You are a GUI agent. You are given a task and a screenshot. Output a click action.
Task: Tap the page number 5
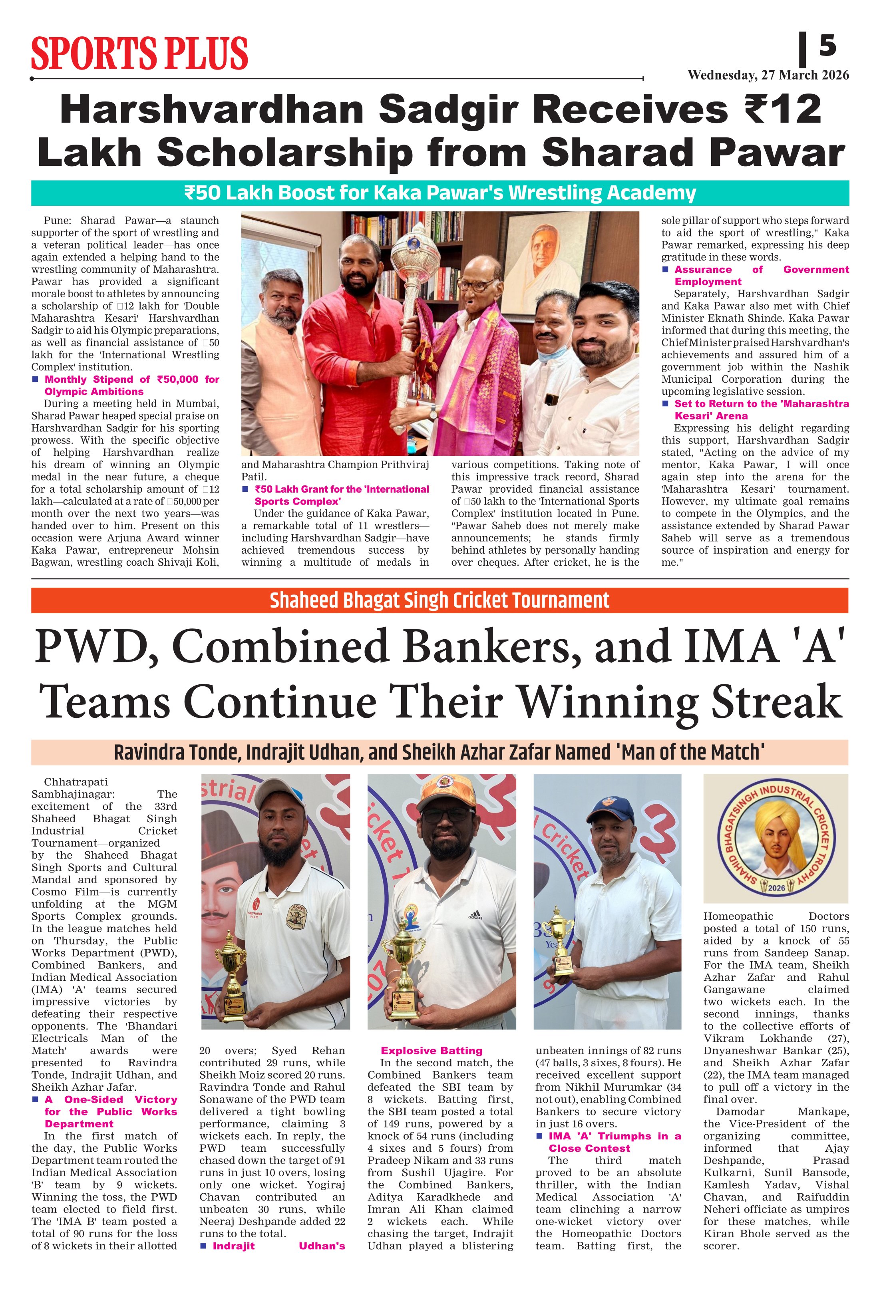[x=827, y=45]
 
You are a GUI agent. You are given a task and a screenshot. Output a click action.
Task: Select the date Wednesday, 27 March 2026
[x=768, y=75]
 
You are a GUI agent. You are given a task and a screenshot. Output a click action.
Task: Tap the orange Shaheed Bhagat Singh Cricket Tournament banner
[x=440, y=600]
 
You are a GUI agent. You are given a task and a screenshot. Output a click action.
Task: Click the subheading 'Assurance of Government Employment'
[x=761, y=275]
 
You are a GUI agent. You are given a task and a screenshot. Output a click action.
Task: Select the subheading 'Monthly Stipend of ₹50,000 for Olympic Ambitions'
[x=131, y=385]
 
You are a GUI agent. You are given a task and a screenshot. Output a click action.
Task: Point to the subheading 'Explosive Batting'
[x=432, y=1050]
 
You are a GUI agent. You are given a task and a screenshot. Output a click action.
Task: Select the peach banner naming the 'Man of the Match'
[x=440, y=752]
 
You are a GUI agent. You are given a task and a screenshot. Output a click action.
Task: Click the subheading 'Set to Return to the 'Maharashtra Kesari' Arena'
[x=761, y=409]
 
